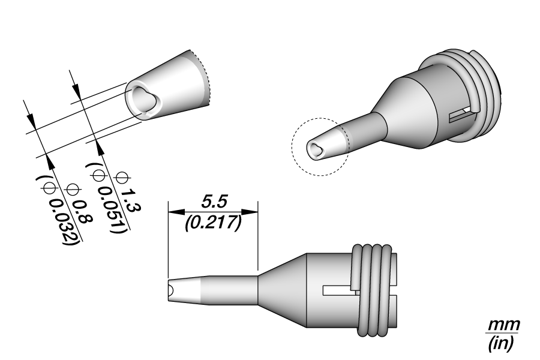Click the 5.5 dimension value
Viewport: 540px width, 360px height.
click(x=214, y=202)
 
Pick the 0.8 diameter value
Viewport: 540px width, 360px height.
click(x=83, y=218)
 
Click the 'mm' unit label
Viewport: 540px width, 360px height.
click(x=505, y=325)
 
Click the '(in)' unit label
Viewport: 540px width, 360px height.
click(x=501, y=343)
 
